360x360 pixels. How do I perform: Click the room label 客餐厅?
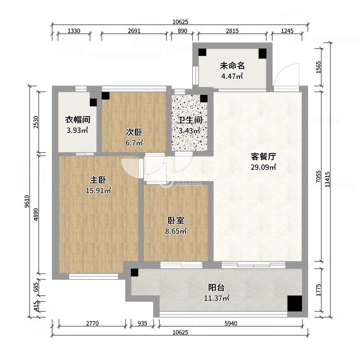(x=263, y=157)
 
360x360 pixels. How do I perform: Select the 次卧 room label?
(x=134, y=132)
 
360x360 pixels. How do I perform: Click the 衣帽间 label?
(x=77, y=120)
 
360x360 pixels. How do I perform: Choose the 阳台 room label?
(x=216, y=288)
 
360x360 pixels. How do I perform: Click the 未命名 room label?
(x=232, y=66)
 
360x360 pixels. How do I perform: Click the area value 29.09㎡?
(x=263, y=167)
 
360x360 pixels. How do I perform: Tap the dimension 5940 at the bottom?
(x=229, y=323)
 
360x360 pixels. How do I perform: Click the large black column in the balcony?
(x=295, y=303)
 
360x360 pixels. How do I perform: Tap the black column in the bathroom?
(x=204, y=98)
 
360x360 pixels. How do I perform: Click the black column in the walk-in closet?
(x=93, y=102)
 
